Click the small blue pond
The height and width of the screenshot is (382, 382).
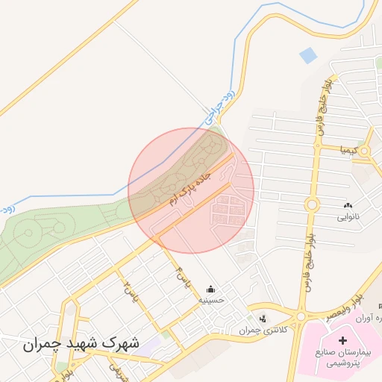[307, 55]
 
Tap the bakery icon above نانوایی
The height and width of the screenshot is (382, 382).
[348, 204]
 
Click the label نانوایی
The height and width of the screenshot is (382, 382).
[348, 217]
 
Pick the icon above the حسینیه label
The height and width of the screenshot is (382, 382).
[210, 289]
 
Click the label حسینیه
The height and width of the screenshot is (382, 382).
[210, 301]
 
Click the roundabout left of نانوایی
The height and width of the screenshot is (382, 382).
[311, 204]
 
